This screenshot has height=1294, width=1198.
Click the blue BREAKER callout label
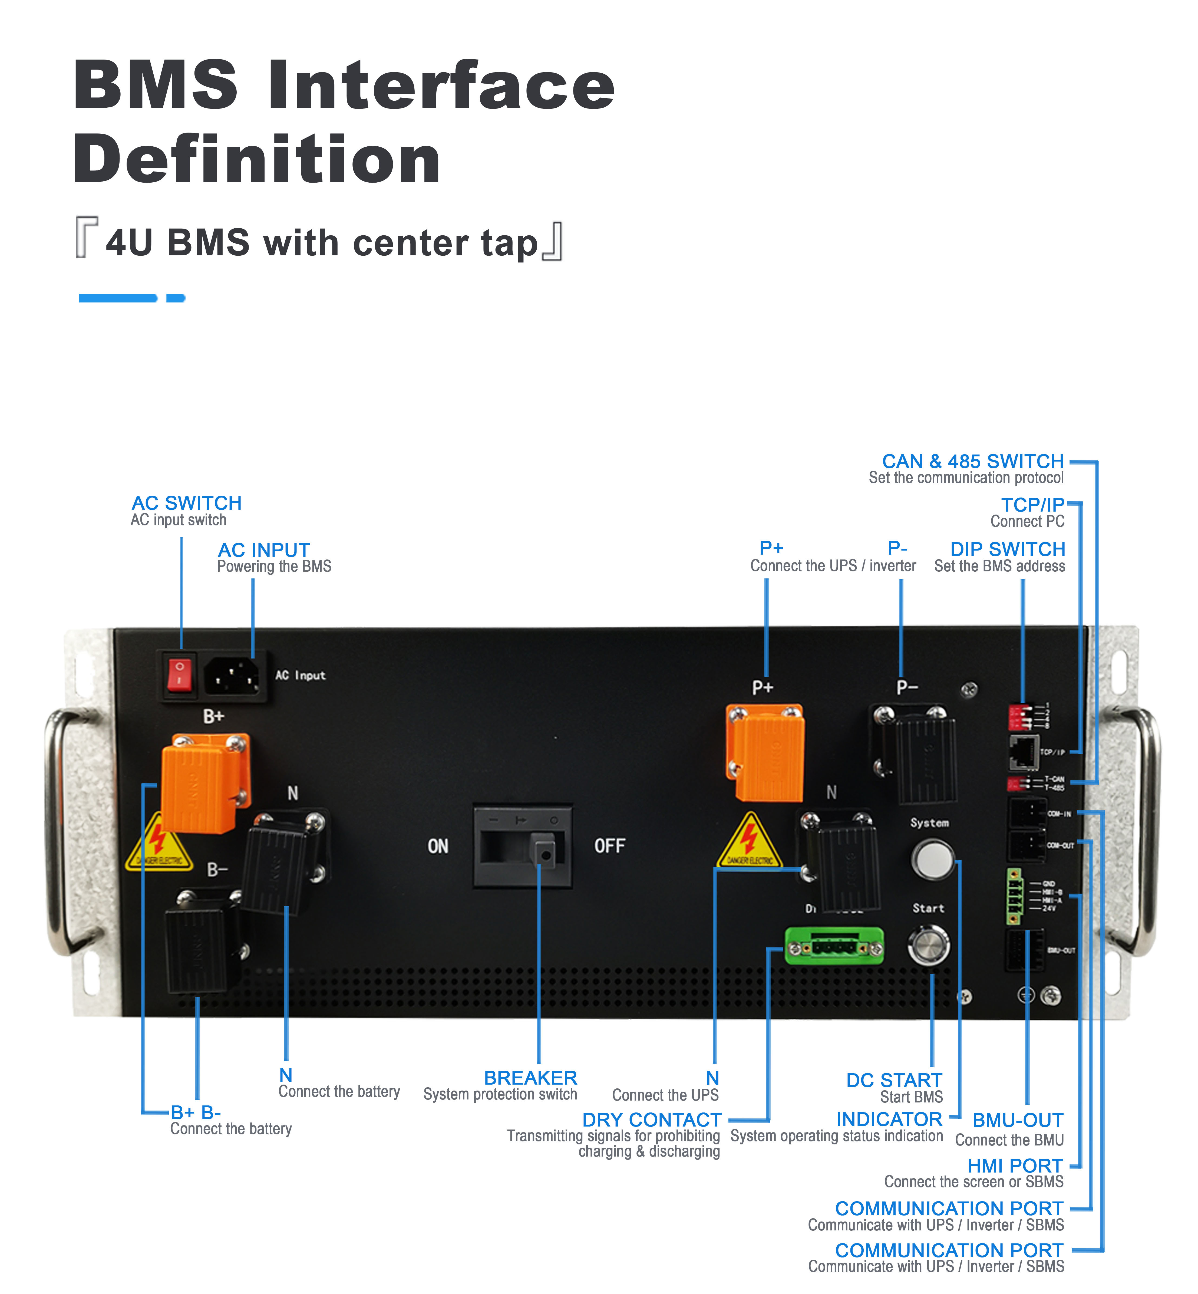530,1078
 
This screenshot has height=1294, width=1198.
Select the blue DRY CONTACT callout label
652,1120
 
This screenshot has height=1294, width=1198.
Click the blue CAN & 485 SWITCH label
972,461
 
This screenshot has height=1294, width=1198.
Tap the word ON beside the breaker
438,846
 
